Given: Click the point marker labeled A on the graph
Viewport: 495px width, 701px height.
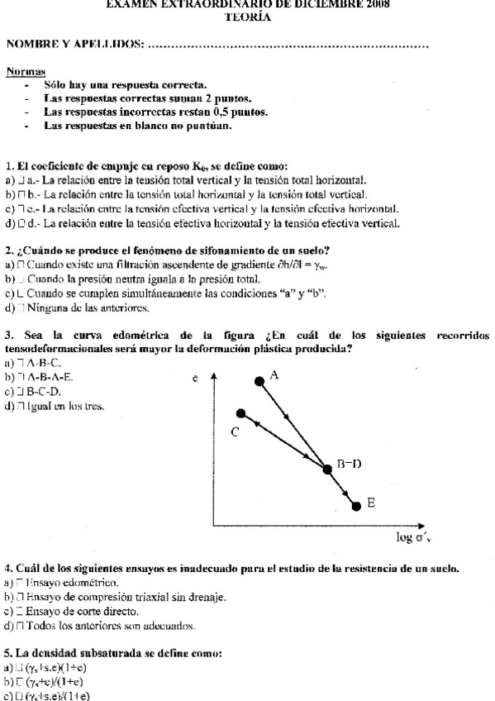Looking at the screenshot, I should pyautogui.click(x=259, y=379).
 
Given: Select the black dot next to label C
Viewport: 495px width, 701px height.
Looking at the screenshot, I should pyautogui.click(x=241, y=412).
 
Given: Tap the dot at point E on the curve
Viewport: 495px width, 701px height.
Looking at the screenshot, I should pyautogui.click(x=356, y=505).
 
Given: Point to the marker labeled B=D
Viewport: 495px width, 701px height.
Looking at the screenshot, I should pyautogui.click(x=327, y=469).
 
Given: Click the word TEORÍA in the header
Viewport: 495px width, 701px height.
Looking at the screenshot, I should pyautogui.click(x=248, y=17).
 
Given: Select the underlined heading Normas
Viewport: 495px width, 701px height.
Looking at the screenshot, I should pyautogui.click(x=26, y=72).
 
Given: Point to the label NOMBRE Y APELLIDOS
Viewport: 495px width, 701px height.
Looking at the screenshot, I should pyautogui.click(x=74, y=42).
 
